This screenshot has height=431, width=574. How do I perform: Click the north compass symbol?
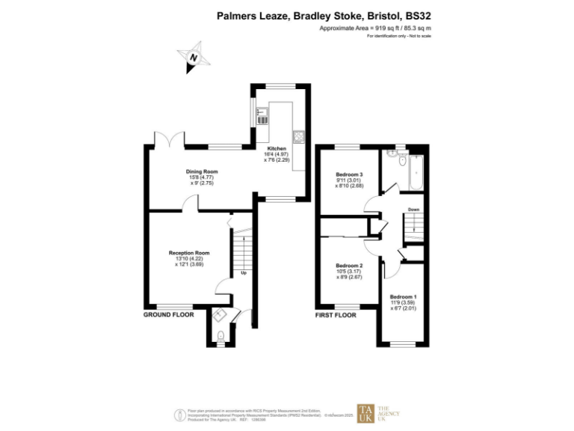(x=194, y=58)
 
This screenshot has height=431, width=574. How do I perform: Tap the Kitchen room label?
(x=277, y=149)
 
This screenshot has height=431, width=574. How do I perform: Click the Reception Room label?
(x=189, y=253)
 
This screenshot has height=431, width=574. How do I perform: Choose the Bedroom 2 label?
(x=349, y=266)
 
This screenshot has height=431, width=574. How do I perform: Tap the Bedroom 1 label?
(x=403, y=297)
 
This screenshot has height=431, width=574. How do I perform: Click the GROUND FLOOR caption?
(x=168, y=315)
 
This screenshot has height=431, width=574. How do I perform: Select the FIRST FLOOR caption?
(x=336, y=315)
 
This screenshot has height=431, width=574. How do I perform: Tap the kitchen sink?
(x=262, y=115)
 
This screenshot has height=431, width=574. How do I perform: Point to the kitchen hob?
(x=298, y=136)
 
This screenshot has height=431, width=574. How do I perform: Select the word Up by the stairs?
(x=243, y=272)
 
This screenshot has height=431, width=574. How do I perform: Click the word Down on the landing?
(x=413, y=210)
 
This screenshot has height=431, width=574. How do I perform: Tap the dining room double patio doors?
(x=167, y=139)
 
